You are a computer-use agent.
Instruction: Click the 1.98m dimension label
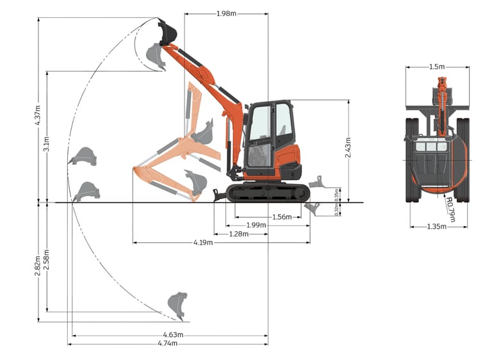pyautogui.click(x=226, y=14)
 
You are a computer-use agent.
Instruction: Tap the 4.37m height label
pyautogui.click(x=38, y=115)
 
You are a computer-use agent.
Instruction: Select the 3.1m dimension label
pyautogui.click(x=46, y=143)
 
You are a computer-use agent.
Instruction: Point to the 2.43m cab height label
pyautogui.click(x=348, y=147)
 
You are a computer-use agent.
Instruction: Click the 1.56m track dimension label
pyautogui.click(x=282, y=217)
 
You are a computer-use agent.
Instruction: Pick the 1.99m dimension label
pyautogui.click(x=256, y=225)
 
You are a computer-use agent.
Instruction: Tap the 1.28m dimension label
pyautogui.click(x=239, y=234)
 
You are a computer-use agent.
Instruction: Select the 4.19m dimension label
pyautogui.click(x=203, y=242)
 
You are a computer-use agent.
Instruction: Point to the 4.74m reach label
pyautogui.click(x=168, y=343)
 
